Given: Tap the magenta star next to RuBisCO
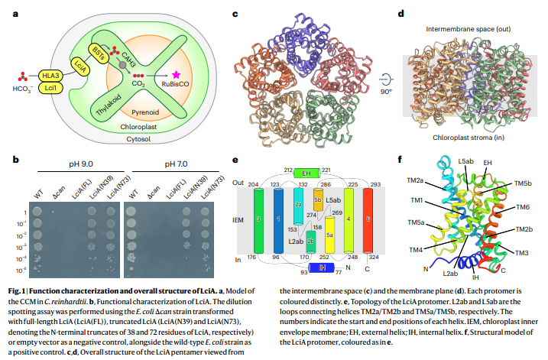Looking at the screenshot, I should point(177,75).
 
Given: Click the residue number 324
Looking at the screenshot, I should point(374,258).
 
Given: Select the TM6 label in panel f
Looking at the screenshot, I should point(523,207).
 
